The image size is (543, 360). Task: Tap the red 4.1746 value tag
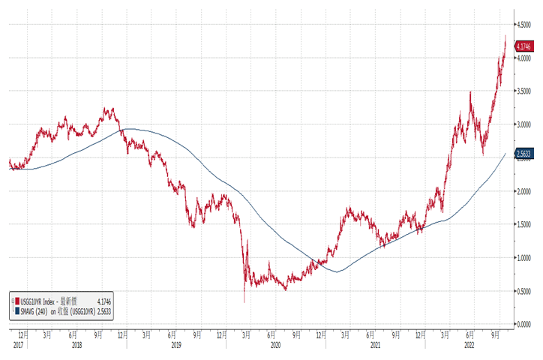coord(523,46)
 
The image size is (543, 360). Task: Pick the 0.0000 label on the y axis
coord(523,324)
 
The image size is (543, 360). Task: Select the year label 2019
coord(175,344)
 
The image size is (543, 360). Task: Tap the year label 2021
coord(375,344)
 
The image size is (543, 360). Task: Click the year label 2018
coord(76,344)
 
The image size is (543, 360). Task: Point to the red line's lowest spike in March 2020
coord(244,302)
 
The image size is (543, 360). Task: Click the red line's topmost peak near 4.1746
coord(505,35)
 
